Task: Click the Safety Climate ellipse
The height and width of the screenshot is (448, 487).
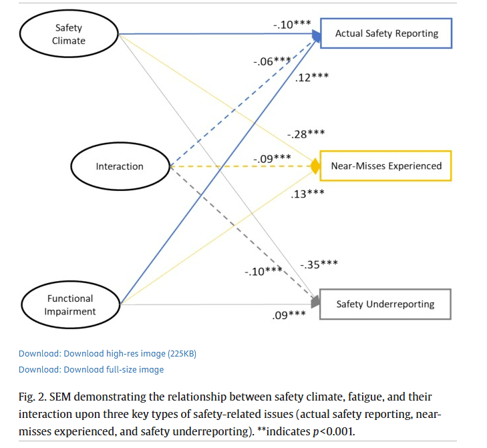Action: (x=69, y=34)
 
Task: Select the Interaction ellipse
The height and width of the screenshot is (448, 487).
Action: (x=120, y=166)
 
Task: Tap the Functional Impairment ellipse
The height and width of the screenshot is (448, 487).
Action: (x=70, y=304)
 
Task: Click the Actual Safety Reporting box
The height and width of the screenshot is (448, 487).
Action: (x=386, y=33)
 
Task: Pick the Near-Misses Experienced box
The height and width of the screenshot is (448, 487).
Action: (x=386, y=166)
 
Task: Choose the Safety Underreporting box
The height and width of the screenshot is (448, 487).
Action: (x=385, y=304)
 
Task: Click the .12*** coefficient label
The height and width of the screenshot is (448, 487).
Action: (x=311, y=78)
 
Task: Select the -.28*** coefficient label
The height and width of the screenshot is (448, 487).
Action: (x=306, y=134)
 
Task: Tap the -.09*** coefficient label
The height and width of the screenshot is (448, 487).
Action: (x=272, y=158)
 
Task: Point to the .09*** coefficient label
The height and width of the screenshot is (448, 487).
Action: (x=289, y=314)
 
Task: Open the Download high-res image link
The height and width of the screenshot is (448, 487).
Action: (x=107, y=353)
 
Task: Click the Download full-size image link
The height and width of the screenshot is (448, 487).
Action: (x=91, y=369)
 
